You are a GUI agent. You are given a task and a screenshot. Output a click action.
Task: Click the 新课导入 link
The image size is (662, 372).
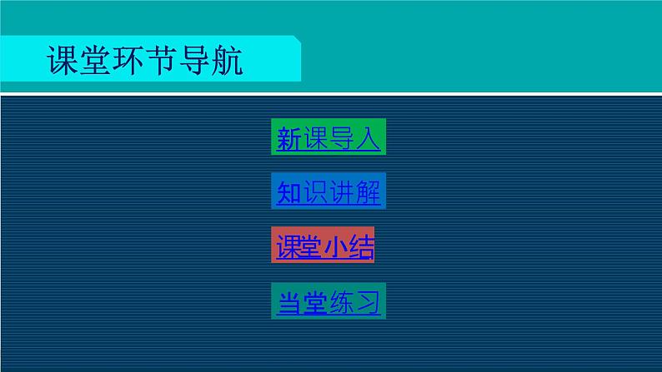click(328, 139)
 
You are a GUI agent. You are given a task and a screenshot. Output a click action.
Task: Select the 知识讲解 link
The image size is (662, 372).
click(328, 193)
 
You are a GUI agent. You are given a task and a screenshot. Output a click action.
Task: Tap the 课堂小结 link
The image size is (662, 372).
click(323, 247)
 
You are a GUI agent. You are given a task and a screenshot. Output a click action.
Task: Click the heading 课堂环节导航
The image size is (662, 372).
click(146, 62)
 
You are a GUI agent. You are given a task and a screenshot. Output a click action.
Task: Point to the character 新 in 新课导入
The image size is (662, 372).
click(288, 139)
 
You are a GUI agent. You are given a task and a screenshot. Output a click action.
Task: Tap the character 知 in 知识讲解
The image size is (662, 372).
click(288, 193)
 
